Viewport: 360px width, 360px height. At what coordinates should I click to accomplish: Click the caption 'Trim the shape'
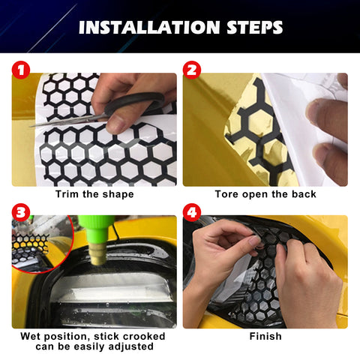tap(94, 194)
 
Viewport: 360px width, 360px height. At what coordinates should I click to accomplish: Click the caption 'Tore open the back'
tap(265, 194)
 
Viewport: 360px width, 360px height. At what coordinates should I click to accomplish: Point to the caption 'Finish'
tap(265, 336)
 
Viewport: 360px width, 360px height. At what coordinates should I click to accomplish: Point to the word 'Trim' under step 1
tap(67, 194)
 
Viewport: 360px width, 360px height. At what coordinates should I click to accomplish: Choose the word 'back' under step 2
tap(301, 194)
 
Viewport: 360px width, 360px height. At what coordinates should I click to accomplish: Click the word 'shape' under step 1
tap(118, 194)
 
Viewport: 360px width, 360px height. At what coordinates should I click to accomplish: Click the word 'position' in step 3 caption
tap(67, 336)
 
